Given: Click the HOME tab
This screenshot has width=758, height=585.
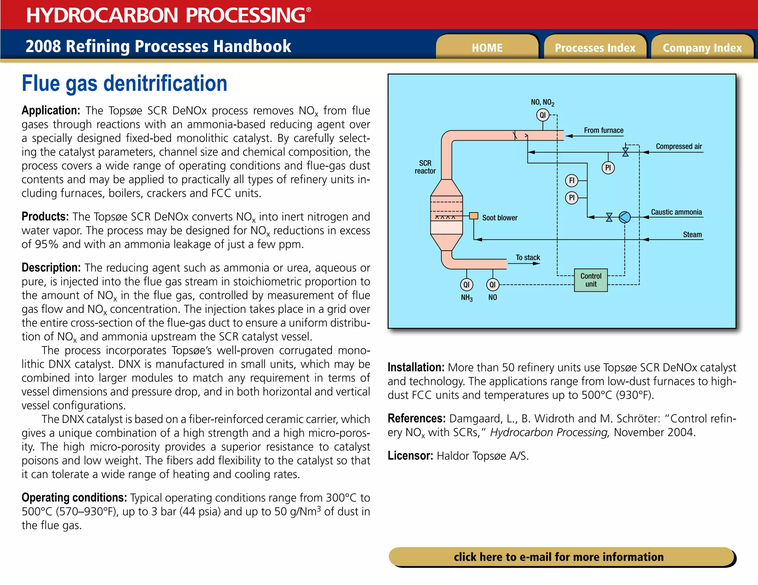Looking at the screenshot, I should click(487, 48).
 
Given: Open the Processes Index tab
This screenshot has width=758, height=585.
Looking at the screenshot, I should click(595, 48).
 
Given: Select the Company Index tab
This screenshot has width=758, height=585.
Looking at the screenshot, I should click(702, 48).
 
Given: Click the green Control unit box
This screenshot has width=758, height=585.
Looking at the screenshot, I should click(591, 280).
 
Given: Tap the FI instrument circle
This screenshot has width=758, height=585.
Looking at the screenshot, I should click(571, 180).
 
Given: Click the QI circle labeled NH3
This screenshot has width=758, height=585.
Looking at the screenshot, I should click(466, 284).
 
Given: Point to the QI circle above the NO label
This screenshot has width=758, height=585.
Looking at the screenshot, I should click(492, 284).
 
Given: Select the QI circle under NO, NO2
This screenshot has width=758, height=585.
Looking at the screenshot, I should click(543, 115).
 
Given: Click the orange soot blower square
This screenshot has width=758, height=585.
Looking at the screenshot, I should click(473, 216).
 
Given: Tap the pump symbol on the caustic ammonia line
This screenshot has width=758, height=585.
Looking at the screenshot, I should click(624, 217).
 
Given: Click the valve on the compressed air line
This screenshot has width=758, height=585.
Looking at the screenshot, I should click(625, 152).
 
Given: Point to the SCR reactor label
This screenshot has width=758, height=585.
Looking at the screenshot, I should click(425, 167).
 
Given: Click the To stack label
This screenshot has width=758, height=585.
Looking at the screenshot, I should click(528, 257).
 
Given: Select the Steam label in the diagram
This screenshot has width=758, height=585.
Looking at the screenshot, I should click(692, 234).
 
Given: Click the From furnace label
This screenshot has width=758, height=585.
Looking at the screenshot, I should click(603, 130).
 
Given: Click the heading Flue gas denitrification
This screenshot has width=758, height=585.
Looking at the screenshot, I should click(124, 83).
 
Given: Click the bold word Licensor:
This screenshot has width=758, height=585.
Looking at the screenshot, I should click(410, 456).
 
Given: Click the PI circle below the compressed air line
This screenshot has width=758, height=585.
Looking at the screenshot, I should click(608, 168).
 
